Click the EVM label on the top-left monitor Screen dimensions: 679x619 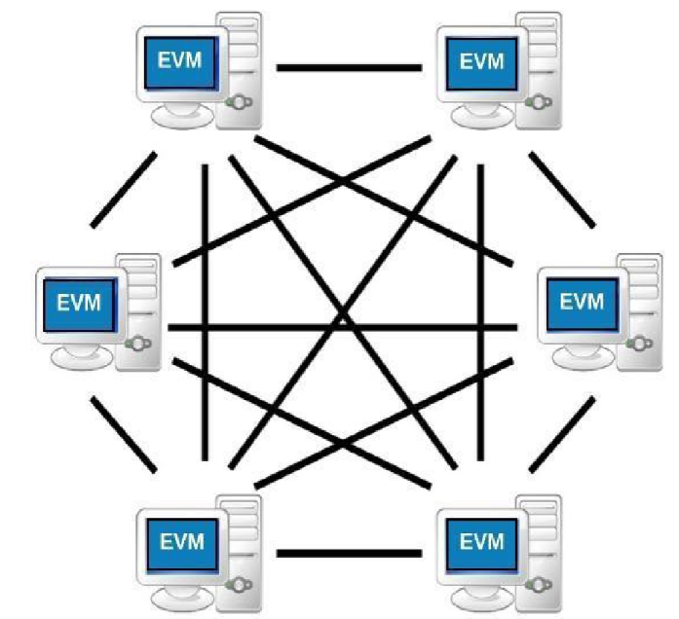pyautogui.click(x=181, y=60)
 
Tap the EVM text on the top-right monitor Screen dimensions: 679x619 pyautogui.click(x=481, y=60)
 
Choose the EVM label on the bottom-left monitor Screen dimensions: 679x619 pyautogui.click(x=181, y=537)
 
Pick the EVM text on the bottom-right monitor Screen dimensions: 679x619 pyautogui.click(x=481, y=537)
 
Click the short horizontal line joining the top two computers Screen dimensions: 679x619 pyautogui.click(x=349, y=68)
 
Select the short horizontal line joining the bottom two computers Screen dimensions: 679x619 pyautogui.click(x=349, y=555)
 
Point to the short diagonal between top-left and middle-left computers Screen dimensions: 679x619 pyautogui.click(x=124, y=189)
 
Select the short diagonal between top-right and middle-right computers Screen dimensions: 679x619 pyautogui.click(x=562, y=189)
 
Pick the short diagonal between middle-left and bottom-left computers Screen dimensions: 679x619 pyautogui.click(x=124, y=434)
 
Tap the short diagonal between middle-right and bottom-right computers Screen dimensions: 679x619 pyautogui.click(x=562, y=434)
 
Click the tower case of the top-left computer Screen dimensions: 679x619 pyautogui.click(x=242, y=68)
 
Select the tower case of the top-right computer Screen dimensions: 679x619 pyautogui.click(x=542, y=68)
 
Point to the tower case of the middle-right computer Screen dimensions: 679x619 pyautogui.click(x=638, y=307)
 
